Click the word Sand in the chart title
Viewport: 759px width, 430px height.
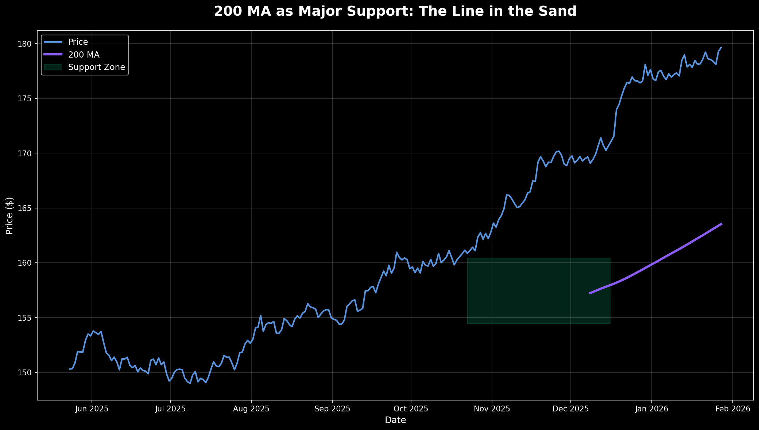pos(560,11)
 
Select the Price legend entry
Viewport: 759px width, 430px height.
pos(78,42)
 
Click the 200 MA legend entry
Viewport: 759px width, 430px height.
pos(84,55)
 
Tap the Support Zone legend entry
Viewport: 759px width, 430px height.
pos(96,67)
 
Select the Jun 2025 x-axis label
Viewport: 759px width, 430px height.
pos(92,409)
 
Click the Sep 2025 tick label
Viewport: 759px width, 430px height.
pos(332,409)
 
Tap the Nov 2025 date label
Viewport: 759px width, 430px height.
pos(492,409)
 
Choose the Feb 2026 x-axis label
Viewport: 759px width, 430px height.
pos(732,409)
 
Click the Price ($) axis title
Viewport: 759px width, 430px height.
pos(9,216)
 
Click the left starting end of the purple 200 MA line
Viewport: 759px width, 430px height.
pos(590,293)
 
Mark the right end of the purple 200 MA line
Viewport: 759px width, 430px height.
pos(721,224)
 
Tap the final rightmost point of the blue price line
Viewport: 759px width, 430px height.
pos(721,47)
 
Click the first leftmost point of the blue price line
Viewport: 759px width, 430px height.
pos(69,369)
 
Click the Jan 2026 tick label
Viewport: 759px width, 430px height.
pos(651,409)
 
